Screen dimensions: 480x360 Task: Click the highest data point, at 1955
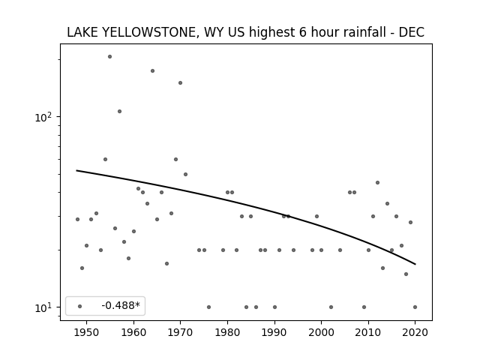coord(110,57)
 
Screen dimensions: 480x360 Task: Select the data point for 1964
coord(152,71)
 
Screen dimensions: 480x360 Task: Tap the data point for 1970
coord(180,83)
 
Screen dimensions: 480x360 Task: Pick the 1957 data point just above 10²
coord(120,112)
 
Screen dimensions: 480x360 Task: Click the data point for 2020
coord(415,307)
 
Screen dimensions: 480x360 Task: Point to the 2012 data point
coord(377,183)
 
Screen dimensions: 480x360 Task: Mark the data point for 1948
coord(77,220)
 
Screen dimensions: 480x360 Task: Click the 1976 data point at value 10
coord(208,307)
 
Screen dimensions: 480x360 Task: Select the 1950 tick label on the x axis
coord(87,332)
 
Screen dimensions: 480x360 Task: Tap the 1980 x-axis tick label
coord(227,332)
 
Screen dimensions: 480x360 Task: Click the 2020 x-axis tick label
coord(415,332)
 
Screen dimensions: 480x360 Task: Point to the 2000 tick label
coord(321,332)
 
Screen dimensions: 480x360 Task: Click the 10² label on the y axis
coord(43,117)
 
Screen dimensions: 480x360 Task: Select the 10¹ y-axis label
coord(43,307)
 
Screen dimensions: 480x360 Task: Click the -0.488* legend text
coord(121,305)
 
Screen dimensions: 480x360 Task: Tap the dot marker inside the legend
coord(80,306)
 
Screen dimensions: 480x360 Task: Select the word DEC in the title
coord(411,32)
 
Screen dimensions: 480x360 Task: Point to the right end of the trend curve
coord(415,264)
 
